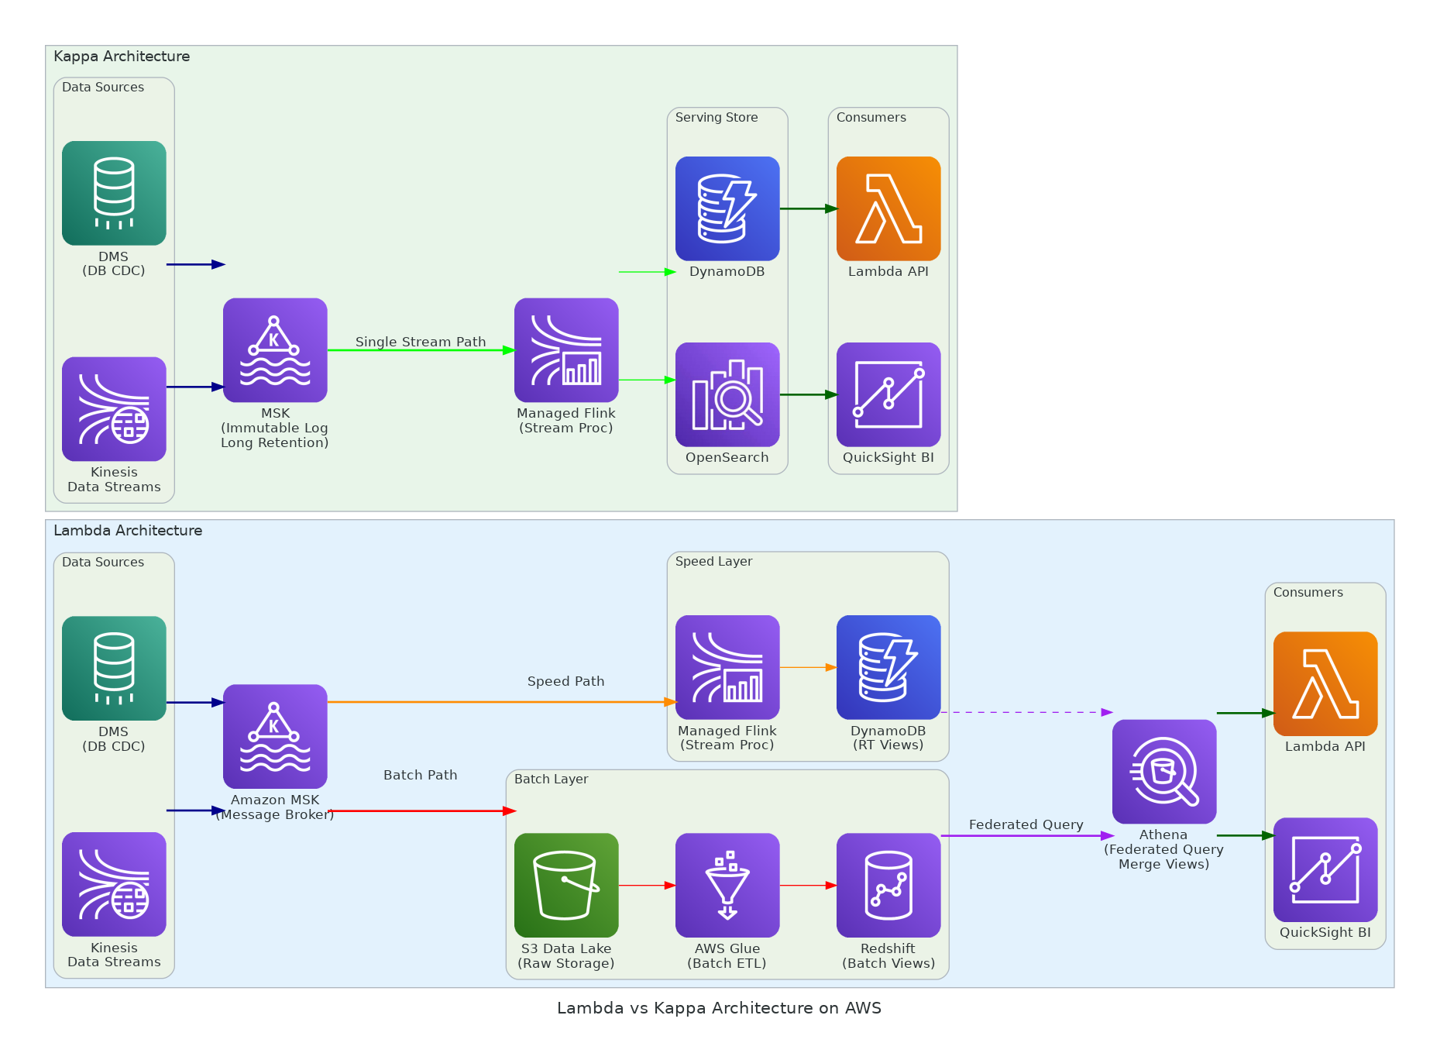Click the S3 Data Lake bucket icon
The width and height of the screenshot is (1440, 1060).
pos(566,885)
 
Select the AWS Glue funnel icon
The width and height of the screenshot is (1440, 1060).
pos(727,885)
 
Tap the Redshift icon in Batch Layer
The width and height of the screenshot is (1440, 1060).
pos(888,885)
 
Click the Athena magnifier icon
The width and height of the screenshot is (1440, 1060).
pos(1164,772)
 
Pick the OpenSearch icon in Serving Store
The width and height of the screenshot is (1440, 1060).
pos(727,394)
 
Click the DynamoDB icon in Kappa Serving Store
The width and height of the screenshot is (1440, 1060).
pos(727,208)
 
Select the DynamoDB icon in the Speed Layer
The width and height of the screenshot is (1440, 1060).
pos(888,667)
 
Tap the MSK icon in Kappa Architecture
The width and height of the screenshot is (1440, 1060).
pos(275,350)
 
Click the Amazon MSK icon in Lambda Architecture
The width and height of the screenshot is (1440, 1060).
pos(275,736)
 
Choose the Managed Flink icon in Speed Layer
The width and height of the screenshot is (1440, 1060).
pos(727,667)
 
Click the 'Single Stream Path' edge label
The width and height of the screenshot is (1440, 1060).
pos(421,342)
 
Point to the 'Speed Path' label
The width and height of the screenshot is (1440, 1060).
pos(565,681)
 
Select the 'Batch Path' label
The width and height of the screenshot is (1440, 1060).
pos(421,775)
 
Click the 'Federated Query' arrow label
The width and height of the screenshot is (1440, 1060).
pos(1026,824)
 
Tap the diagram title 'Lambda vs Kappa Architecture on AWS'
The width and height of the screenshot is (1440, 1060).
pos(719,1008)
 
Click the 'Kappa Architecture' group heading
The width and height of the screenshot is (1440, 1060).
pos(122,57)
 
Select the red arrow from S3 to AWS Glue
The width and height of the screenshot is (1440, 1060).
pos(647,885)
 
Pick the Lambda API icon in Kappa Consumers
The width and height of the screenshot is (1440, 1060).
pos(888,208)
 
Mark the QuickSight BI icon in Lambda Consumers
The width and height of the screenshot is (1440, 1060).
pos(1325,869)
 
